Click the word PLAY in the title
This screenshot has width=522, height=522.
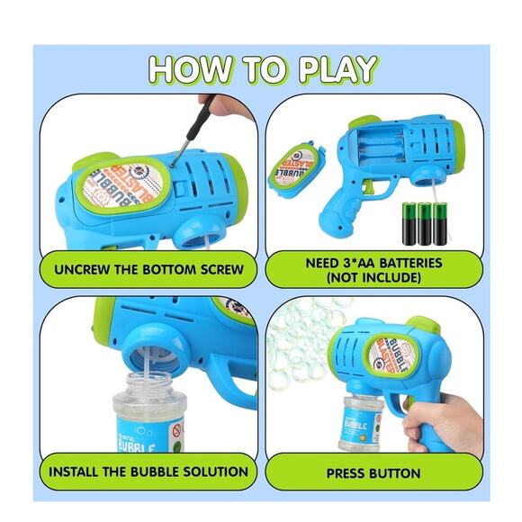click(x=337, y=69)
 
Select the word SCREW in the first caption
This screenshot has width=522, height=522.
click(x=222, y=270)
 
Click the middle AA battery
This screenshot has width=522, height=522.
click(x=425, y=224)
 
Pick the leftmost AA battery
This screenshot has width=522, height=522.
click(x=409, y=224)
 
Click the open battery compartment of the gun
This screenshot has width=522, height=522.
click(x=382, y=147)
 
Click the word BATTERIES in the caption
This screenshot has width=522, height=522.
click(x=410, y=263)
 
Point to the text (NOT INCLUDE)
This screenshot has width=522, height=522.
click(x=373, y=277)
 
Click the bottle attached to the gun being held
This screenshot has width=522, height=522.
click(x=360, y=423)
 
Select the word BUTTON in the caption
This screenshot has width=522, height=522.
click(x=395, y=473)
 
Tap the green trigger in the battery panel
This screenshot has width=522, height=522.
click(x=368, y=186)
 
